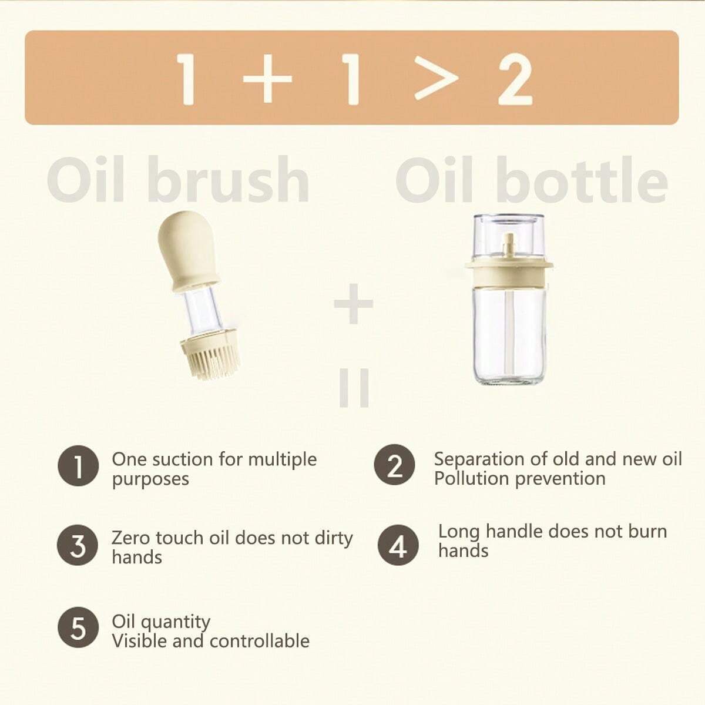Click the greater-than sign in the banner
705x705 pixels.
coord(436,78)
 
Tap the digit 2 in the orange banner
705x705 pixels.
coord(515,79)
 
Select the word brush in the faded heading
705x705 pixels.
coord(229,179)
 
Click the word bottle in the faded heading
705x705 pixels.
coord(582,179)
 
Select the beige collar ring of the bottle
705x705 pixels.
coord(509,271)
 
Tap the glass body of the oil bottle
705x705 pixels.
coord(509,335)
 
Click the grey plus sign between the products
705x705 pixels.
coord(354,304)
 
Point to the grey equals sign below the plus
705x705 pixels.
coord(354,388)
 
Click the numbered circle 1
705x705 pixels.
coord(78,466)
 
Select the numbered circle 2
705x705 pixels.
coord(394,465)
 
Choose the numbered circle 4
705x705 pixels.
coord(398,545)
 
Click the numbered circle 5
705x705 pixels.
coord(78,627)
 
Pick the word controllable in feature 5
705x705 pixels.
coord(260,641)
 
